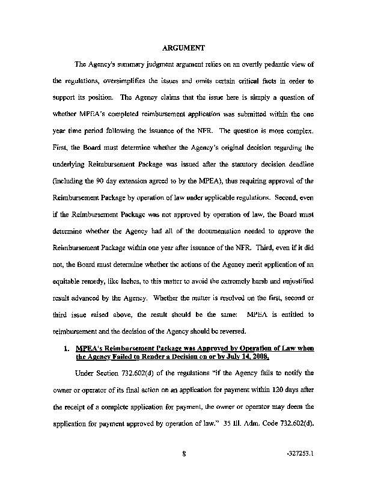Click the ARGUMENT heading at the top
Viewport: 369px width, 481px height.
[x=185, y=47]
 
